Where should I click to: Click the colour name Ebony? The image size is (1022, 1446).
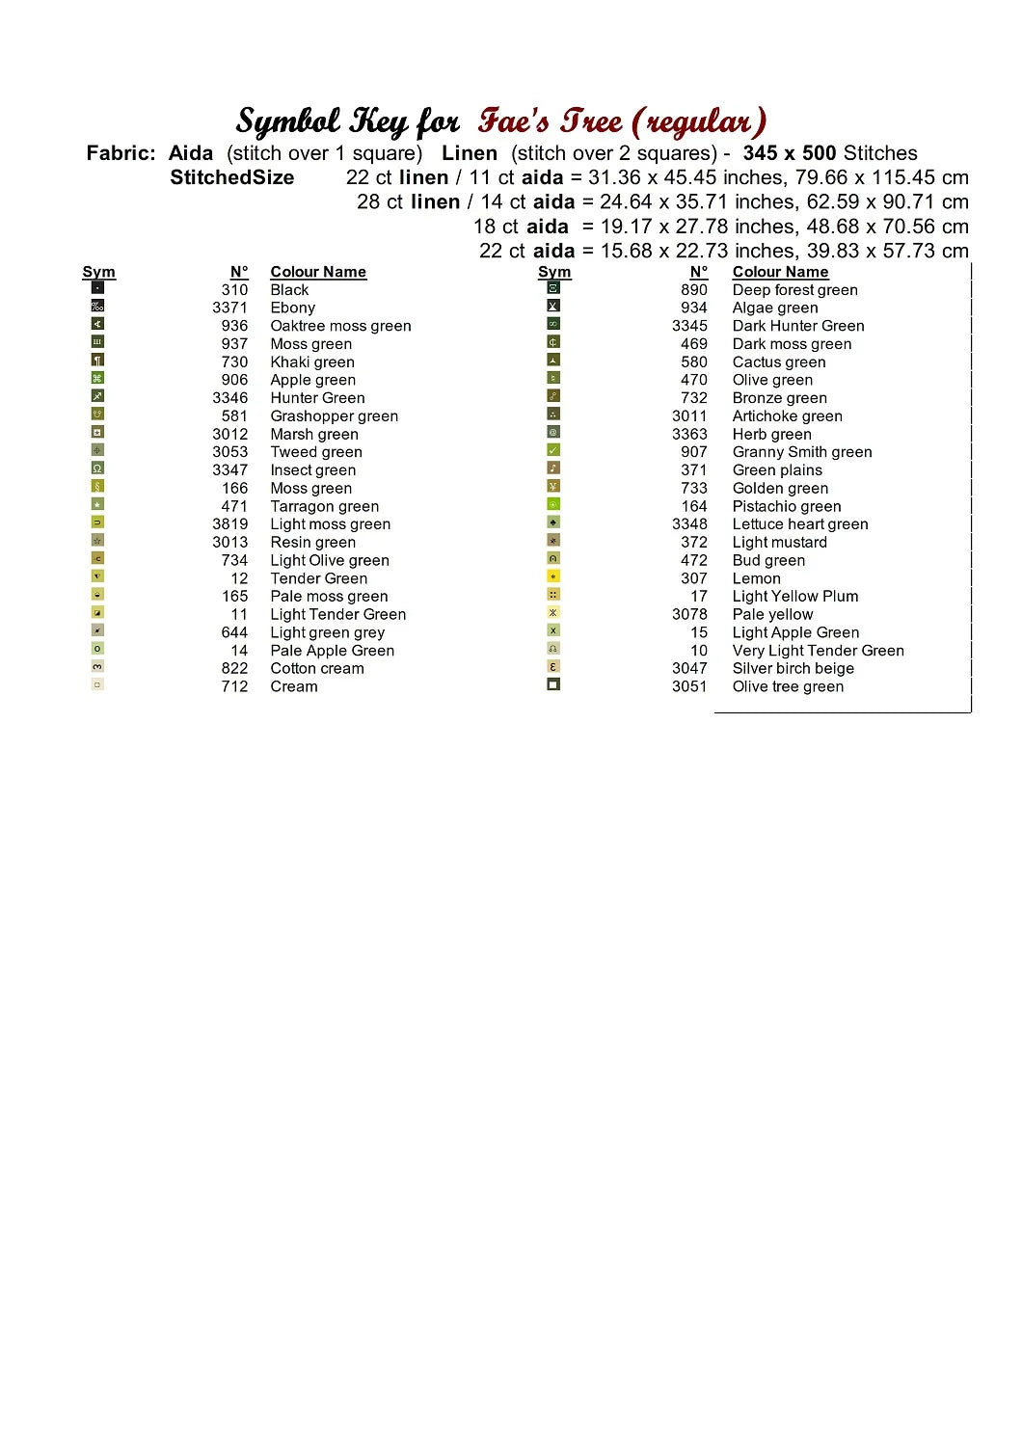[x=292, y=308]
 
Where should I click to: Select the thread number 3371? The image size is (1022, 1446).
[x=229, y=308]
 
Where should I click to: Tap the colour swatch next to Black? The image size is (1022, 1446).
[x=97, y=287]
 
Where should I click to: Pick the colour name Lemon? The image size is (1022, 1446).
[x=756, y=578]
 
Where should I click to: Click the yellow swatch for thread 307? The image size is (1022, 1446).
[x=553, y=576]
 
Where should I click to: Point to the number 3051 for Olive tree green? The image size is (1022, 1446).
[x=689, y=686]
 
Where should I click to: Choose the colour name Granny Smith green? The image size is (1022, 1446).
[x=801, y=452]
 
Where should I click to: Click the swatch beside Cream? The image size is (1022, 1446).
[x=97, y=684]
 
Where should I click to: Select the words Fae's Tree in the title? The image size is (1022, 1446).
[x=551, y=121]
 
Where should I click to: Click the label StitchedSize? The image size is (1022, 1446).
[x=232, y=177]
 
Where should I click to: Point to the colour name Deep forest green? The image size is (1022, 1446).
[x=794, y=290]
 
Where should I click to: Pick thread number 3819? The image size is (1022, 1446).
[x=229, y=524]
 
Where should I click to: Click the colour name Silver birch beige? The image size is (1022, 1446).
[x=793, y=668]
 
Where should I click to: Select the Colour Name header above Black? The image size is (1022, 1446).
[x=318, y=272]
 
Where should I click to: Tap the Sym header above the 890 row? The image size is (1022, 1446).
[x=554, y=272]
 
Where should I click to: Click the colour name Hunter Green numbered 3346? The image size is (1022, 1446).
[x=317, y=398]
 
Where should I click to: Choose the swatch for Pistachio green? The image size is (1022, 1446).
[x=553, y=504]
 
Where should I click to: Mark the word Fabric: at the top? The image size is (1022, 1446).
[x=121, y=153]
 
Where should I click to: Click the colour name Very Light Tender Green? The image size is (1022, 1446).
[x=818, y=651]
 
